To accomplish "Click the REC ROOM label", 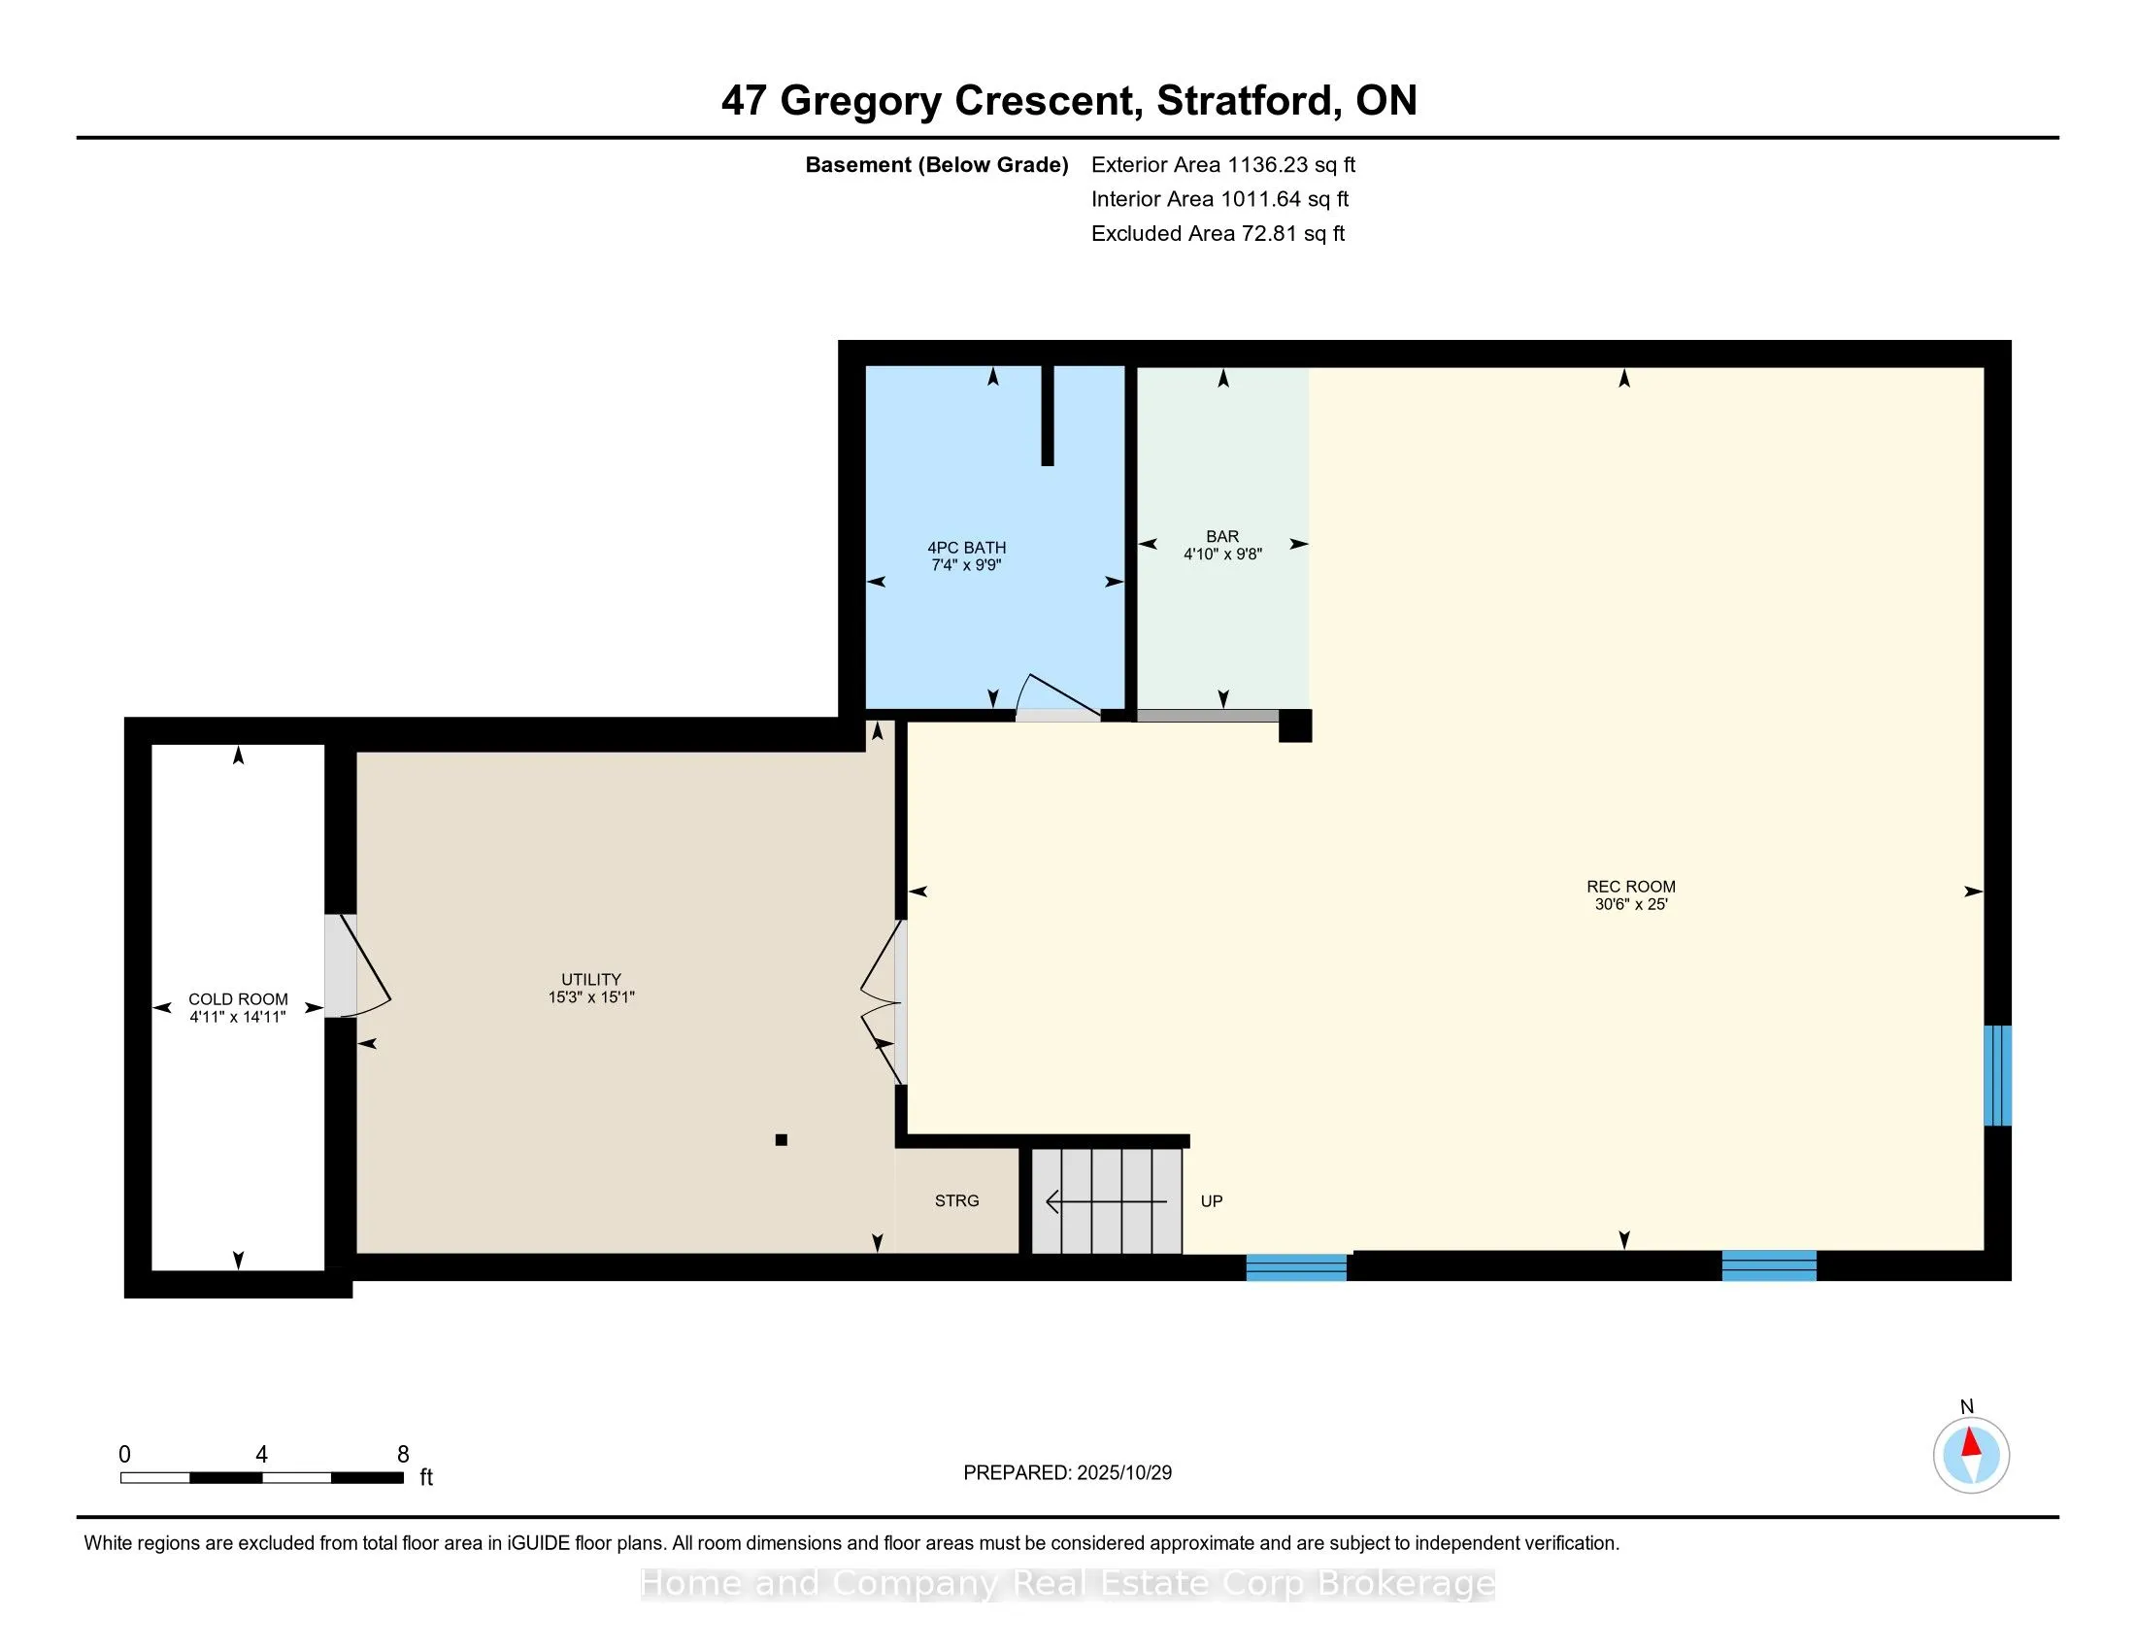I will pyautogui.click(x=1630, y=886).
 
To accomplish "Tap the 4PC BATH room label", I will pyautogui.click(x=966, y=548).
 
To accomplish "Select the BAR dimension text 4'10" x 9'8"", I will pyautogui.click(x=1222, y=555).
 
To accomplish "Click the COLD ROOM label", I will pyautogui.click(x=238, y=998).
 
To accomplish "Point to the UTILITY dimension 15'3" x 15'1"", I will pyautogui.click(x=590, y=997).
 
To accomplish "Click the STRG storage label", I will pyautogui.click(x=956, y=1201).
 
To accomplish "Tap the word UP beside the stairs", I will pyautogui.click(x=1211, y=1201).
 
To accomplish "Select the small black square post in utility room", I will pyautogui.click(x=781, y=1139).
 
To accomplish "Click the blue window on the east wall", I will pyautogui.click(x=1997, y=1075).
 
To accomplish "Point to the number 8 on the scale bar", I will pyautogui.click(x=403, y=1455).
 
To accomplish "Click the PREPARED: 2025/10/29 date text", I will pyautogui.click(x=1067, y=1473).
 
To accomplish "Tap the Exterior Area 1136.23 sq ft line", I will pyautogui.click(x=1222, y=165).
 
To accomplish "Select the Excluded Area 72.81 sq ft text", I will pyautogui.click(x=1218, y=234).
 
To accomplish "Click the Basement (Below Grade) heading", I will pyautogui.click(x=936, y=165).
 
